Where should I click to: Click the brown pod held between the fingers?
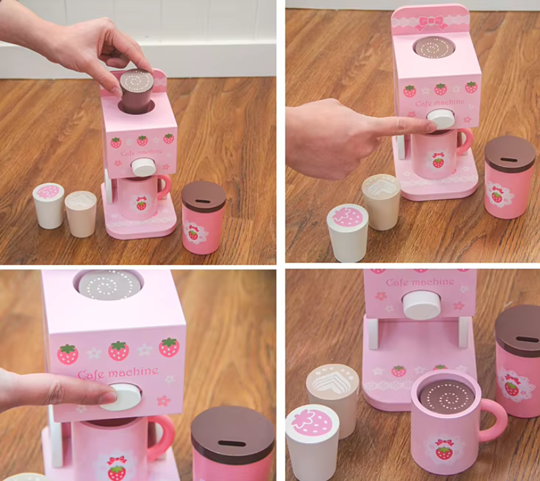coord(137,91)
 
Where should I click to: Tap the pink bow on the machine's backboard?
coord(431,23)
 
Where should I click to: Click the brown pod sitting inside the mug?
coord(448,396)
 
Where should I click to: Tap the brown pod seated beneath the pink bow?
coord(434,47)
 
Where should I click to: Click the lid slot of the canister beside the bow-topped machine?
coord(508,160)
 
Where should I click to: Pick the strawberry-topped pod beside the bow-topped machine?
coord(347,232)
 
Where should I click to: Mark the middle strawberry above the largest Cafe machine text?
coord(119,351)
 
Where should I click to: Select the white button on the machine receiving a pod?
coord(143,167)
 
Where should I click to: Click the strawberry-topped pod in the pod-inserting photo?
coord(49,206)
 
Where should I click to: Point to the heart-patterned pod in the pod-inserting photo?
coord(81,214)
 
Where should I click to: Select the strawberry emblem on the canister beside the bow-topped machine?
coord(497,196)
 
